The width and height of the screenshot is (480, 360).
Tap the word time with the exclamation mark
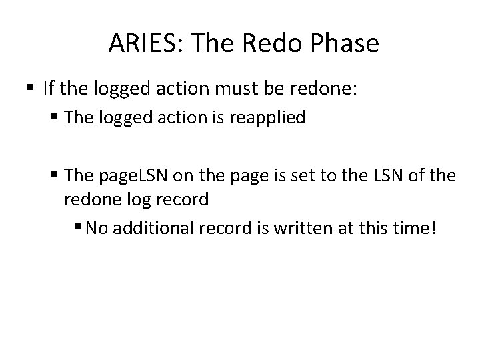(418, 229)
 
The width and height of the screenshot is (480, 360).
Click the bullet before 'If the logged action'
(31, 88)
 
